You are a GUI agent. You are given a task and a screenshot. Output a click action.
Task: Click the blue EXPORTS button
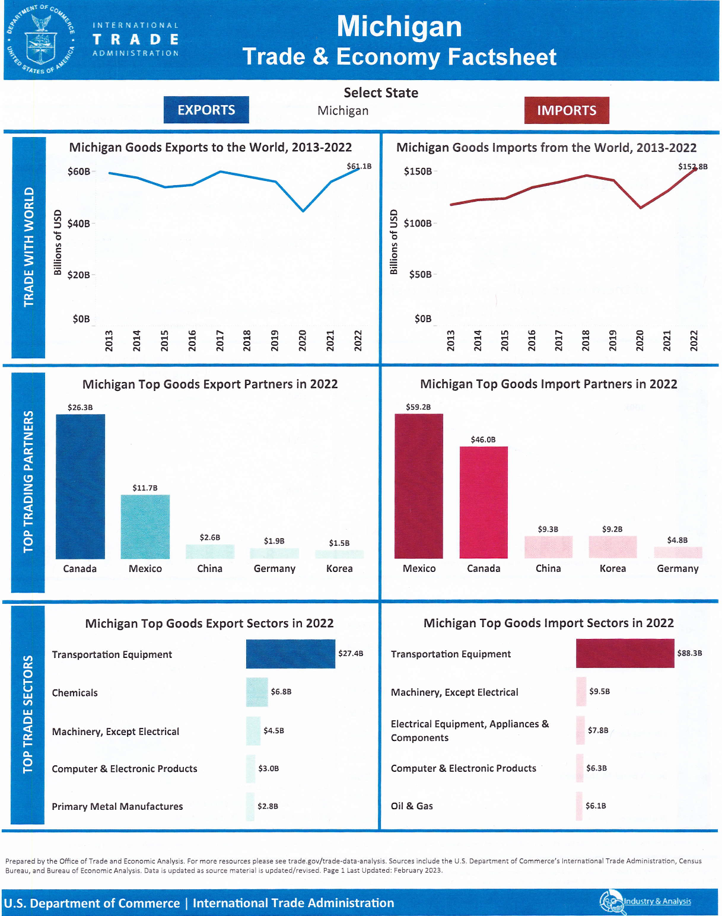[x=206, y=110]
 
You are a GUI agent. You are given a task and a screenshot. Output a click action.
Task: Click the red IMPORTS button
[x=567, y=110]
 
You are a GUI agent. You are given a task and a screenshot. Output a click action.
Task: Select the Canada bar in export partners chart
[x=80, y=486]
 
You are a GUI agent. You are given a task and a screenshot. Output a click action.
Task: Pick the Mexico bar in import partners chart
[x=419, y=486]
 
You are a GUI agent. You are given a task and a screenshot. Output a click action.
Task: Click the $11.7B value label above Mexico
[x=145, y=488]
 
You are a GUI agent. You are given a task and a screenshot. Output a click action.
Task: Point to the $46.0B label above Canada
[x=483, y=440]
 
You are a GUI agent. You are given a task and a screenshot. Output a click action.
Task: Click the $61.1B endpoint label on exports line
[x=359, y=166]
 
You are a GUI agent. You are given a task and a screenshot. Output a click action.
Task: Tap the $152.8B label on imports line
[x=692, y=167]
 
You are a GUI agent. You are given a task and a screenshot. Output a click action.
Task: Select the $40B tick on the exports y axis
[x=79, y=224]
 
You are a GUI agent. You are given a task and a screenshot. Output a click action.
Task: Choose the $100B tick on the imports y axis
[x=418, y=224]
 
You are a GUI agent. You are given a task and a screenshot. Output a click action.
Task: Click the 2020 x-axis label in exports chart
[x=303, y=341]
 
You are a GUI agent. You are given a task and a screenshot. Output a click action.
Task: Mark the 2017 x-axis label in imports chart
[x=558, y=341]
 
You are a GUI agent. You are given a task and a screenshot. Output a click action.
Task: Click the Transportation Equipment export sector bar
[x=291, y=654]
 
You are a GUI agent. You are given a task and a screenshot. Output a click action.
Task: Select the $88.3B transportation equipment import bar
[x=625, y=653]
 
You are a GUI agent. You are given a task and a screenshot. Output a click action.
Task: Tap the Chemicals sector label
[x=75, y=693]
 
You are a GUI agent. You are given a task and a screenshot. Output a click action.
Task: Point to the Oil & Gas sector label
[x=412, y=806]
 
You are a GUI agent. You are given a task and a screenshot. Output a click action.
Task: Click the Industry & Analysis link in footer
[x=657, y=901]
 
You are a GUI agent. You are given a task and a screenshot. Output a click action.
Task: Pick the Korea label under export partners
[x=339, y=568]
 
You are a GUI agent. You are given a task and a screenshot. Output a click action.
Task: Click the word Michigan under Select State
[x=343, y=111]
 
